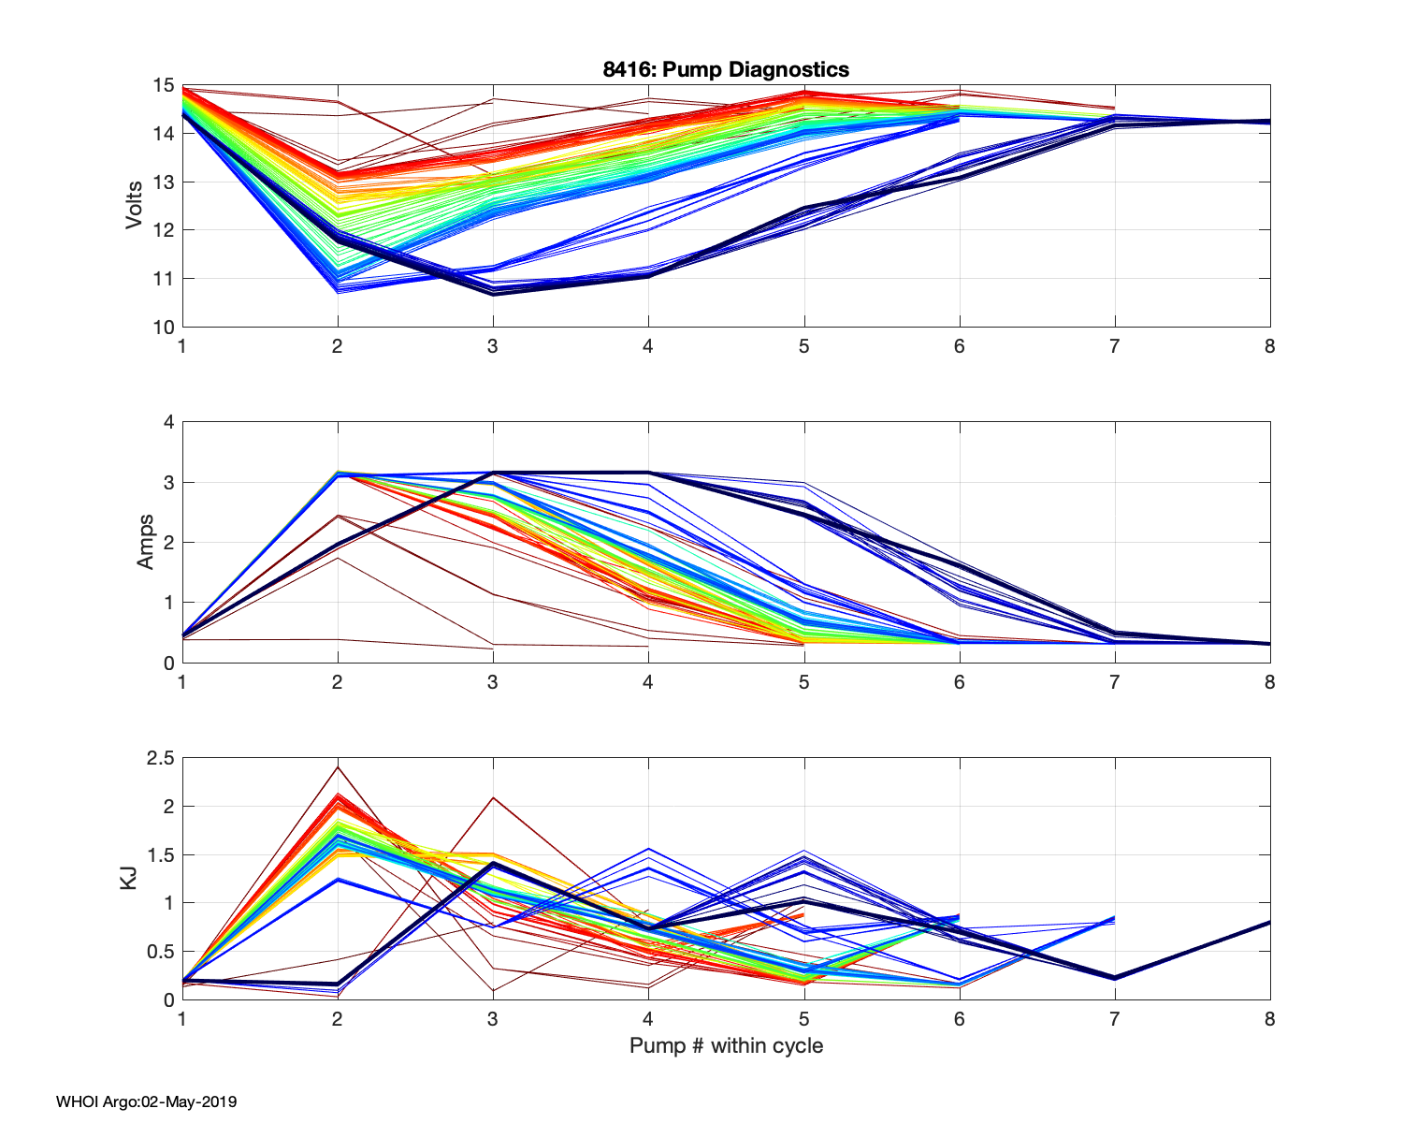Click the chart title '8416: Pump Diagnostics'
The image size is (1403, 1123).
[726, 69]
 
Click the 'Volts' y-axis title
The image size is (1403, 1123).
[135, 206]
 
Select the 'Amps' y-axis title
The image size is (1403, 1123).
[146, 542]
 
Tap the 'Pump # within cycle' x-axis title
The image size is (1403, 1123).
[726, 1045]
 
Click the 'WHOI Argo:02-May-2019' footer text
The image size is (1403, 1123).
[146, 1101]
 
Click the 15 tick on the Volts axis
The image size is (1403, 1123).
[164, 85]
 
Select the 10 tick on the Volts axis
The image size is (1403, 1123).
[164, 328]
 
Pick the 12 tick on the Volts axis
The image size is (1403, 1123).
[164, 230]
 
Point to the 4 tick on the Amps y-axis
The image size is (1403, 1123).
[169, 422]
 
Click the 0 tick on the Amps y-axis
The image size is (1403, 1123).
[169, 664]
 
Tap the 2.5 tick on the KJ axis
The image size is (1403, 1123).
[161, 758]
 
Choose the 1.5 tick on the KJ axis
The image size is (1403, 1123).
[161, 854]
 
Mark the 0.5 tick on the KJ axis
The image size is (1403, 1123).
[161, 952]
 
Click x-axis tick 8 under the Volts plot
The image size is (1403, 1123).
[1269, 346]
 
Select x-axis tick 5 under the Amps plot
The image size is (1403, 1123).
[803, 682]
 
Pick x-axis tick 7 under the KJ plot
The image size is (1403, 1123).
[1114, 1019]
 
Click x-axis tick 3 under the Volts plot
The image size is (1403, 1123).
[493, 346]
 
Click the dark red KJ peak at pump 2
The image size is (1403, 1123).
[337, 767]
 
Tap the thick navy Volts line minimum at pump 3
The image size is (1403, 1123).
[493, 293]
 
